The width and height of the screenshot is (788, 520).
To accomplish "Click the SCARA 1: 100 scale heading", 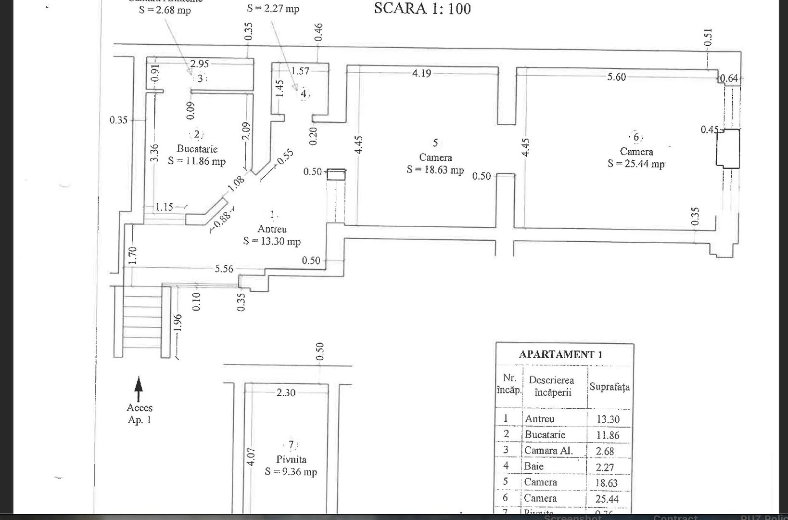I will click(x=422, y=9).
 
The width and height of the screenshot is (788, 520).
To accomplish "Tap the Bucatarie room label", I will click(x=197, y=149).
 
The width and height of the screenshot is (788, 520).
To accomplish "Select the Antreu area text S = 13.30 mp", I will click(x=272, y=241).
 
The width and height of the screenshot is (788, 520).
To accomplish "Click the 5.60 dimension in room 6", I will click(x=617, y=77).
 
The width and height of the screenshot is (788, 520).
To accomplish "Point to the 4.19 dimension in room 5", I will click(x=421, y=74).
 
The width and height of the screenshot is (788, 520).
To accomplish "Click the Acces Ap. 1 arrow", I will click(x=139, y=389).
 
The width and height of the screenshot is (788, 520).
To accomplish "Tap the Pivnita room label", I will click(x=291, y=459).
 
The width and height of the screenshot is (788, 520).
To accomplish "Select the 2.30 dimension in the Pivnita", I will click(x=286, y=393).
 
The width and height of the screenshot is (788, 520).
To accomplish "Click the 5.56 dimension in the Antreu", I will click(x=224, y=269).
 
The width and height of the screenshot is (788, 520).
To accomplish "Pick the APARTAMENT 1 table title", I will click(x=560, y=355).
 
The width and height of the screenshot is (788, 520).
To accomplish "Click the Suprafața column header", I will click(x=609, y=387).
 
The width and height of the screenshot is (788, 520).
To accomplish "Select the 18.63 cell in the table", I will click(x=608, y=483).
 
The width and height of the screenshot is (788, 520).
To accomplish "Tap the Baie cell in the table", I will click(x=534, y=466).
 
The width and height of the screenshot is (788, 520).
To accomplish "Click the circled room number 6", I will click(x=636, y=137).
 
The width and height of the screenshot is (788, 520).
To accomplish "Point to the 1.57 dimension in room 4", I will click(x=300, y=71).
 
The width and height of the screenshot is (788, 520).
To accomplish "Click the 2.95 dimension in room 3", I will click(x=200, y=64).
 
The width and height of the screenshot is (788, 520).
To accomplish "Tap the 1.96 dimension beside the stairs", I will click(x=178, y=323).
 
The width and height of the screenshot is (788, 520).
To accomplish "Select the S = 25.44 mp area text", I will click(x=636, y=164).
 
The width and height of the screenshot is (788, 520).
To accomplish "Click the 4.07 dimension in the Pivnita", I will click(x=251, y=456).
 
